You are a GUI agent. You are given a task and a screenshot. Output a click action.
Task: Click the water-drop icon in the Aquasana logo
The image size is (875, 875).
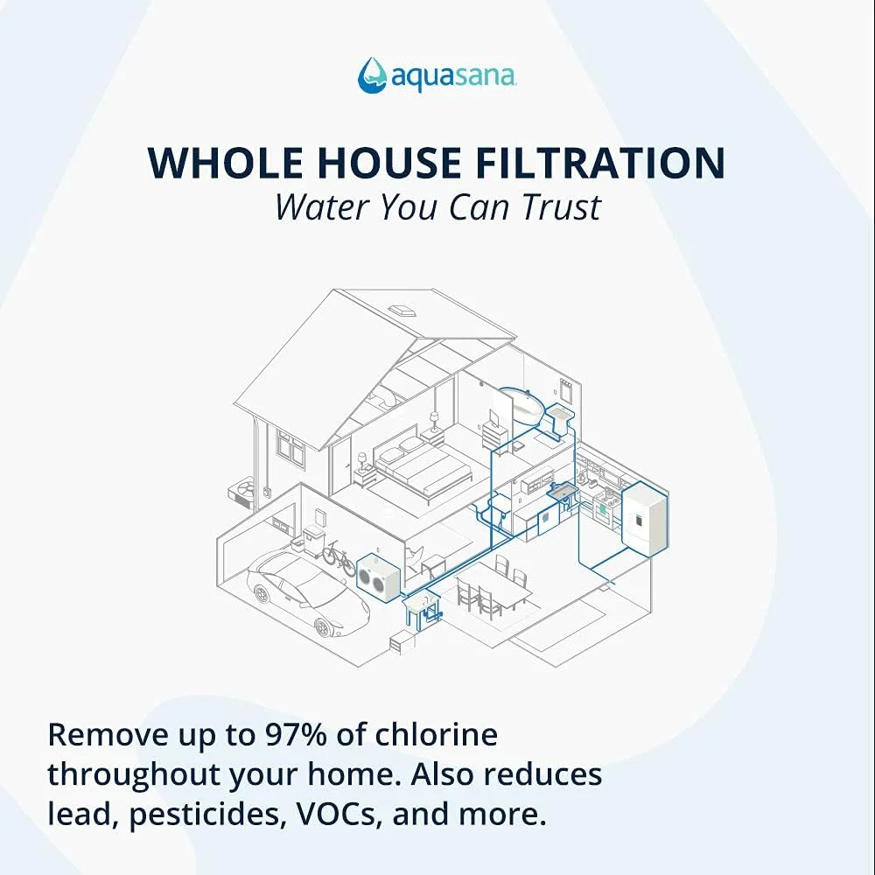(x=372, y=74)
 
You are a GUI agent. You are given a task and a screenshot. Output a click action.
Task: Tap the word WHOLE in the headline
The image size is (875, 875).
(x=227, y=163)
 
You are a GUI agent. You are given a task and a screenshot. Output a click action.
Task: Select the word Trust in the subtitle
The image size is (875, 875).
(x=561, y=207)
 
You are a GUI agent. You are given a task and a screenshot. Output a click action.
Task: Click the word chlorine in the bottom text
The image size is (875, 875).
(x=437, y=734)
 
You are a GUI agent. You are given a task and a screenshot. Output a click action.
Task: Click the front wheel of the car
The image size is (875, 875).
(x=322, y=627)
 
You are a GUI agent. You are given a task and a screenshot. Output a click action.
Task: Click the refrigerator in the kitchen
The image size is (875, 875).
(x=645, y=518)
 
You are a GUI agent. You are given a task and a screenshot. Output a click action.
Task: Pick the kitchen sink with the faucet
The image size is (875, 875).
(x=562, y=491)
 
